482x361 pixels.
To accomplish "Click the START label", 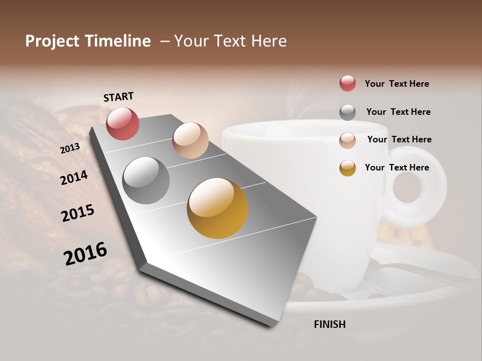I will click(118, 97).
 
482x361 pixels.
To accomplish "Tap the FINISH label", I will click(329, 324).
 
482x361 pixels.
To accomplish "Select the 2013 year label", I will click(70, 148).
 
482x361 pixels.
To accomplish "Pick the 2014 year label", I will click(74, 177).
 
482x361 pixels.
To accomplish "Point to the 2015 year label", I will click(78, 213).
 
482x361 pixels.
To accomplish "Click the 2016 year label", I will click(85, 254).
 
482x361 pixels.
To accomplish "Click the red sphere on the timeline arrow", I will click(123, 123).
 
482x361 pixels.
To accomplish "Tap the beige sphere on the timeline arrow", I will click(190, 140).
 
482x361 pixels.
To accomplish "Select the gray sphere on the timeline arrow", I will click(146, 180).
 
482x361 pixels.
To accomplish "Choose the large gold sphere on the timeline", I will click(217, 208).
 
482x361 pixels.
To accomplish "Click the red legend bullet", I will click(347, 84).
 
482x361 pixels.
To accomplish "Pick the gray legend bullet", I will click(347, 112).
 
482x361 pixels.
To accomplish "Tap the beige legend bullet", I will click(347, 140).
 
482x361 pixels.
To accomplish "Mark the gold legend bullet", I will click(347, 168).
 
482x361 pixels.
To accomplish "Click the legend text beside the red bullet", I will click(397, 84).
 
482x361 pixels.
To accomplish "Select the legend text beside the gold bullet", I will click(397, 167).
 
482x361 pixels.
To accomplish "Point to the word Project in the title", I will click(52, 41).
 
